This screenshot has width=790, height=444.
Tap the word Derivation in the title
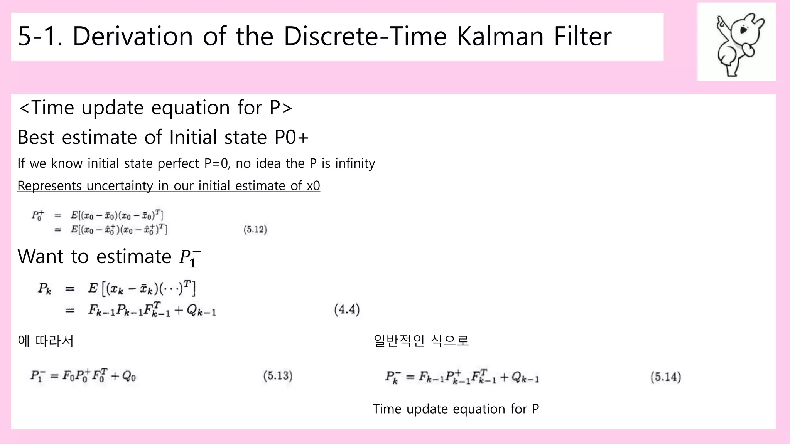[132, 36]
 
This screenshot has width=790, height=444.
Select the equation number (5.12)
[255, 230]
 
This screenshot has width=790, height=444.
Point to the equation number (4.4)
[347, 309]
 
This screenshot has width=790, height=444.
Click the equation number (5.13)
[278, 376]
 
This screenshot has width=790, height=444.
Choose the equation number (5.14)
[665, 377]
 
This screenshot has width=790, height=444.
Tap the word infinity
[355, 163]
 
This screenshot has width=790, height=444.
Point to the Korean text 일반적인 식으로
[421, 341]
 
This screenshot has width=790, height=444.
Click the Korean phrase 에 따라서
[46, 341]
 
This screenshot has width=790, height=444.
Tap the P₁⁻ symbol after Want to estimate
[190, 257]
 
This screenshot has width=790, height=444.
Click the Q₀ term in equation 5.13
[128, 376]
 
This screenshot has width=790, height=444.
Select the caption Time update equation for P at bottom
[456, 409]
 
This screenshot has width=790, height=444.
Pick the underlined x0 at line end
[313, 186]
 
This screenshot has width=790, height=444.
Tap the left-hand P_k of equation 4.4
[44, 288]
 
